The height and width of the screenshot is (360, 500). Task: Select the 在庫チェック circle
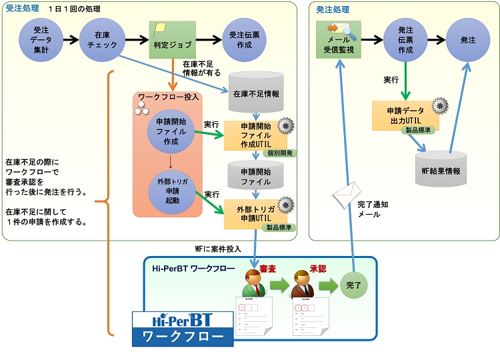coord(102,40)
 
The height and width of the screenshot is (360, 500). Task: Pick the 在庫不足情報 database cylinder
coord(256,91)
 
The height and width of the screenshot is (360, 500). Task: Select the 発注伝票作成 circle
coord(406,40)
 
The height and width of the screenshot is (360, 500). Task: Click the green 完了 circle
coord(353,285)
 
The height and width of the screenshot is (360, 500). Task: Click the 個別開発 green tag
coord(279,153)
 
